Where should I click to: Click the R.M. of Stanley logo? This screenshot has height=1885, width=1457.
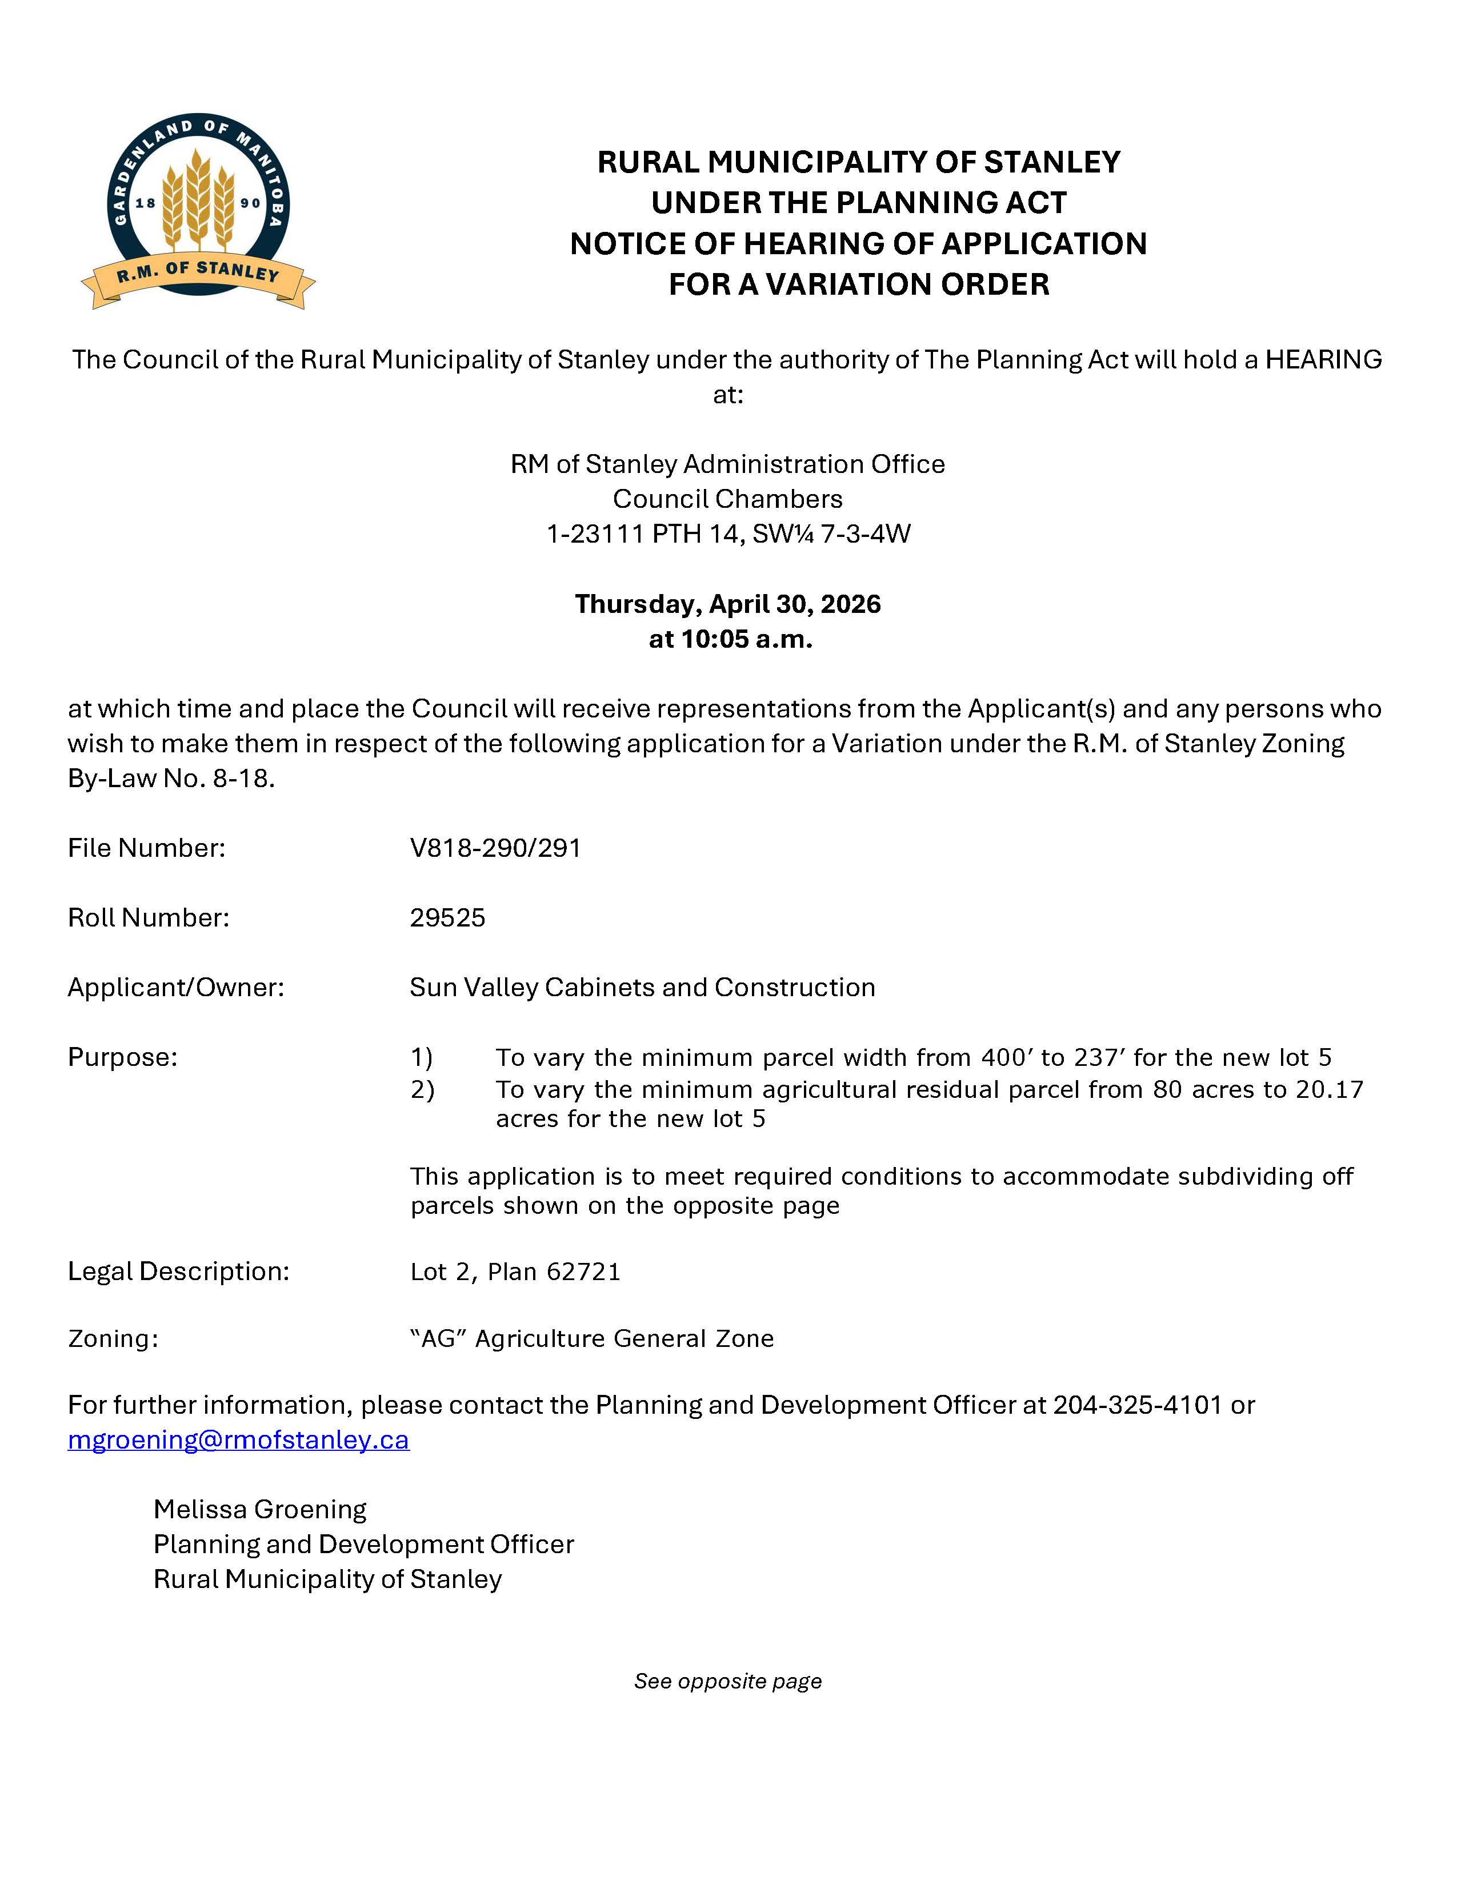coord(198,211)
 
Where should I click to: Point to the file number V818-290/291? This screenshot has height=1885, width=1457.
coord(495,848)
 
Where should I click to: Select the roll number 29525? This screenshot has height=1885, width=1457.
coord(447,917)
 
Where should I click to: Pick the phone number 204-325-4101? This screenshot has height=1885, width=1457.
coord(1137,1405)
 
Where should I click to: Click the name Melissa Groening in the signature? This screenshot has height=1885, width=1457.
coord(260,1510)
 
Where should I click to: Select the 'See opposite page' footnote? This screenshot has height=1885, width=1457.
coord(727,1681)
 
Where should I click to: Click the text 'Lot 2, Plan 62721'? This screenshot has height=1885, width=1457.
coord(515,1272)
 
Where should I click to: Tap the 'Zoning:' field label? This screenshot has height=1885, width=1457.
coord(113,1339)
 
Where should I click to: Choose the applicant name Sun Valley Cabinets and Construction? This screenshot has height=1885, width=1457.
coord(642,988)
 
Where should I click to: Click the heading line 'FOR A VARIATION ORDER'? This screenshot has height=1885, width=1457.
coord(859,284)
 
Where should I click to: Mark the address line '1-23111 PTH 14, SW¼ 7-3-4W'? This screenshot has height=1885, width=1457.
coord(727,534)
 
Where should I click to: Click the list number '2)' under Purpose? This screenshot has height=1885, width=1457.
coord(422,1090)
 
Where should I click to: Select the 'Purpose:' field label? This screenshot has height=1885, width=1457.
coord(123,1057)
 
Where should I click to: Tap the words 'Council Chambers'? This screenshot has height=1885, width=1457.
coord(727,499)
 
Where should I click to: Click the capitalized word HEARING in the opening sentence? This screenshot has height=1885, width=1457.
coord(1323,359)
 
